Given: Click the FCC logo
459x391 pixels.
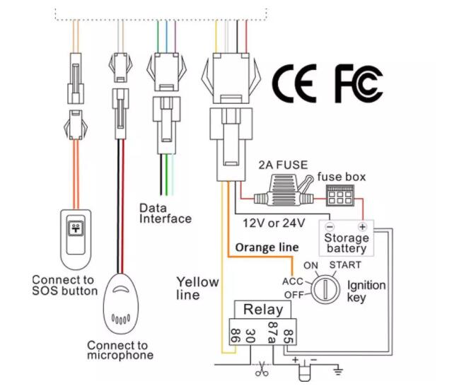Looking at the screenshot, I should click(359, 83).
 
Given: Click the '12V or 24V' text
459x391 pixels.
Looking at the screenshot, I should click(274, 223).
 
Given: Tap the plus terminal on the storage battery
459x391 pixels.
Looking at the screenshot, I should click(362, 228).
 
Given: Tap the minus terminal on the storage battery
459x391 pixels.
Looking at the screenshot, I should click(330, 228).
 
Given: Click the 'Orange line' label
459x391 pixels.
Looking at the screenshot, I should click(267, 247).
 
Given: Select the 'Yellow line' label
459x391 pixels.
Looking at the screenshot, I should click(197, 288).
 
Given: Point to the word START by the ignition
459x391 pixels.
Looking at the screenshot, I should click(344, 265).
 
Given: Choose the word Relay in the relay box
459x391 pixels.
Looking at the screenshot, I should click(263, 309).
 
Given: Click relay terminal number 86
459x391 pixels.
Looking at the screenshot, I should click(231, 333).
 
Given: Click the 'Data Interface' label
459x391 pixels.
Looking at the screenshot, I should click(165, 214).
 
